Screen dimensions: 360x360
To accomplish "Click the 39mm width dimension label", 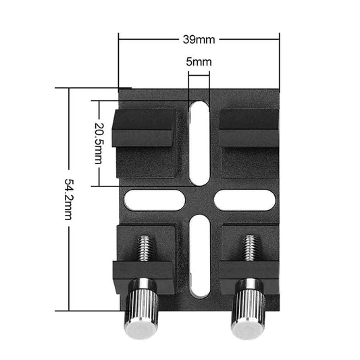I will [199, 38].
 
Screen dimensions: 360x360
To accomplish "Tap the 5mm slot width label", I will [199, 62].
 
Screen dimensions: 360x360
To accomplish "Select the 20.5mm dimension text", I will [100, 144].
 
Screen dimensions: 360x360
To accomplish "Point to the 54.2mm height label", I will [68, 199].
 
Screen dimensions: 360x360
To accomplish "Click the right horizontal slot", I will [244, 199].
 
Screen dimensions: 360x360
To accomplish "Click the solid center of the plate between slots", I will [199, 199].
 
